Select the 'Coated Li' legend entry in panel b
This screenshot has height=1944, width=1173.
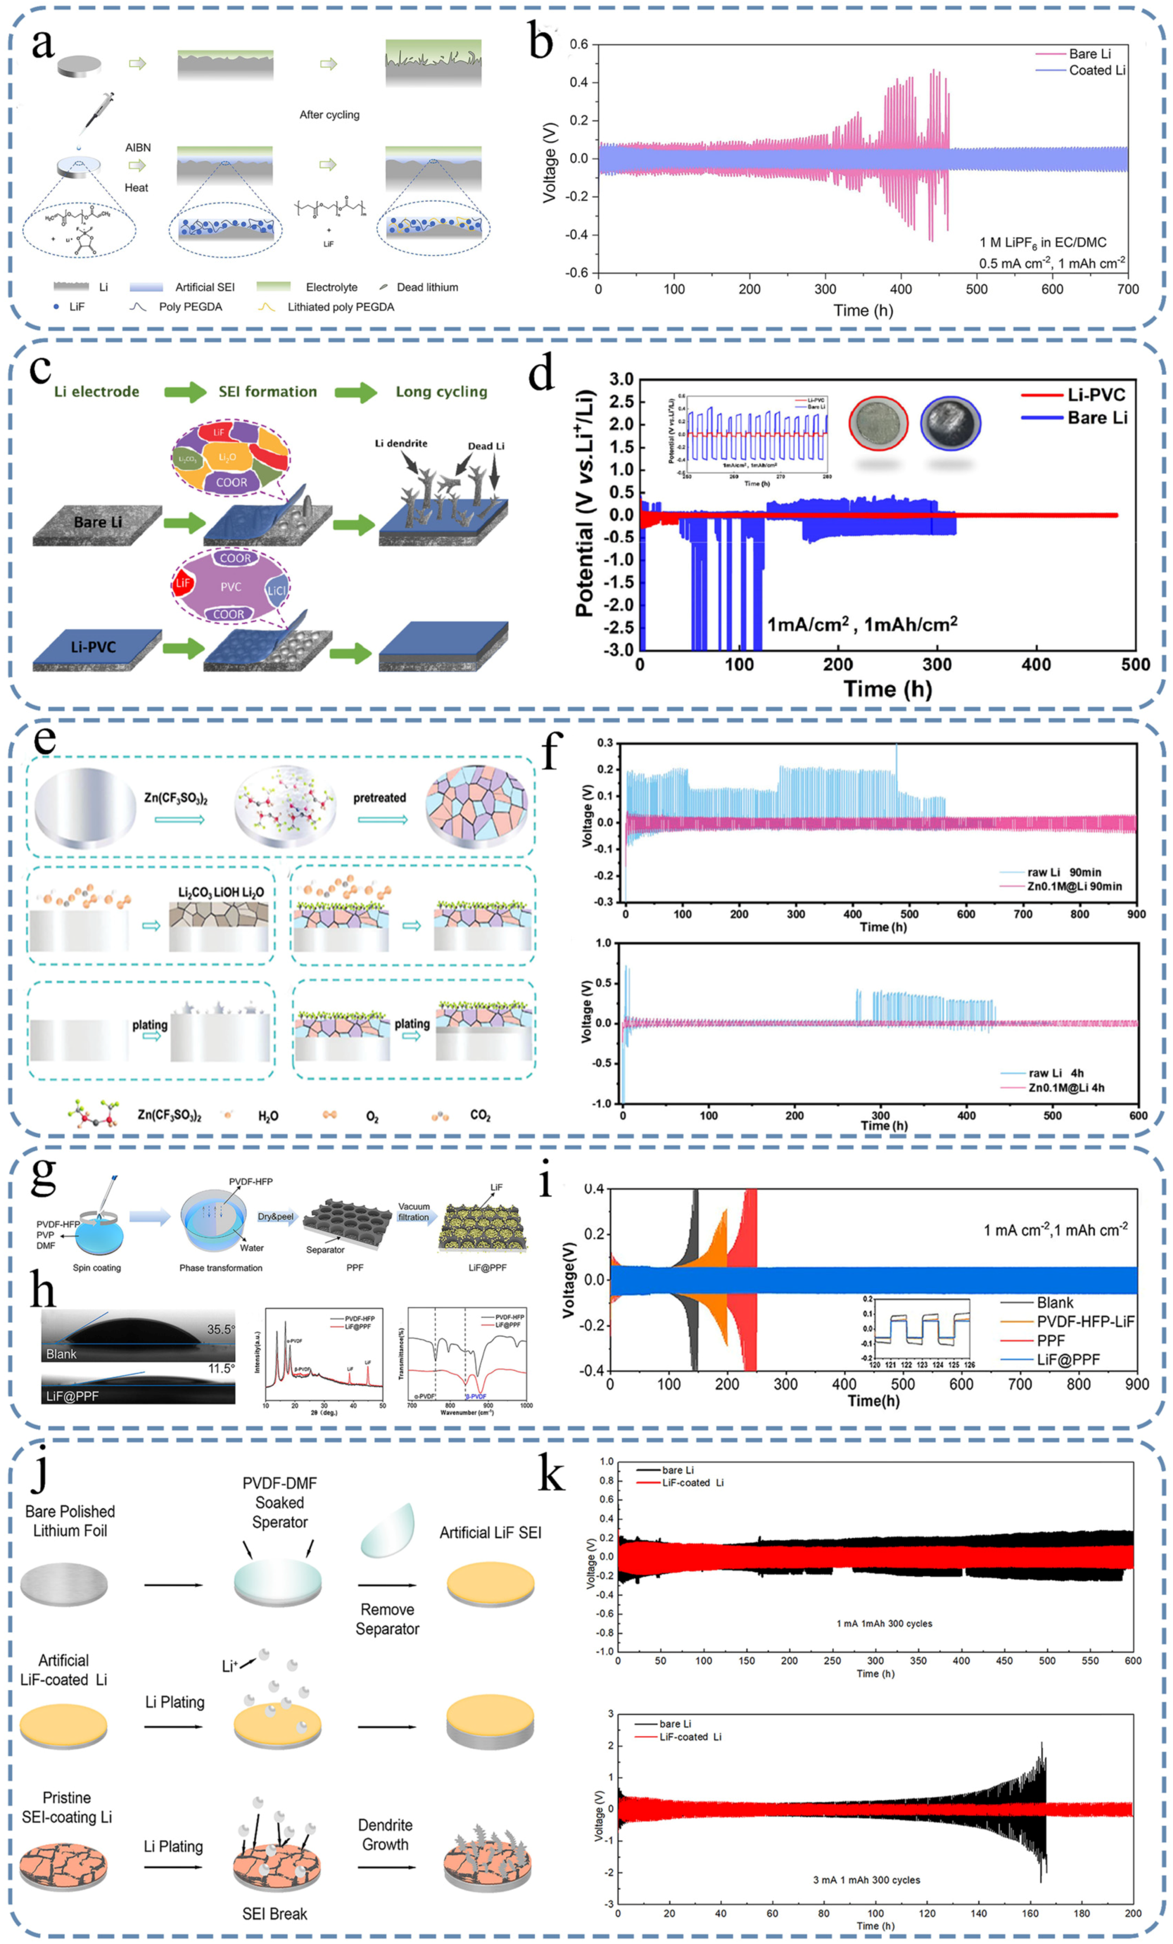(1095, 70)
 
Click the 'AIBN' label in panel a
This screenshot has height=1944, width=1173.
(137, 147)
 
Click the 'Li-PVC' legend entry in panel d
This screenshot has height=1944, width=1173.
(1095, 394)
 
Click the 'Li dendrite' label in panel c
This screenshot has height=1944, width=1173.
(401, 443)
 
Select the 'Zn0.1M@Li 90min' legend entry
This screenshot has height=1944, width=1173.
(1074, 886)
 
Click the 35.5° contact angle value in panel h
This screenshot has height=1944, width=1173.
(220, 1329)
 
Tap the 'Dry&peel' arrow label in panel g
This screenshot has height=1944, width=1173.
(276, 1217)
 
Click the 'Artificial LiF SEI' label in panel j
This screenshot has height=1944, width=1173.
(490, 1532)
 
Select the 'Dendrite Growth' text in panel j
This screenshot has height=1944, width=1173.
(385, 1834)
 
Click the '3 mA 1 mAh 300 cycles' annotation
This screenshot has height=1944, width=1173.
(866, 1880)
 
